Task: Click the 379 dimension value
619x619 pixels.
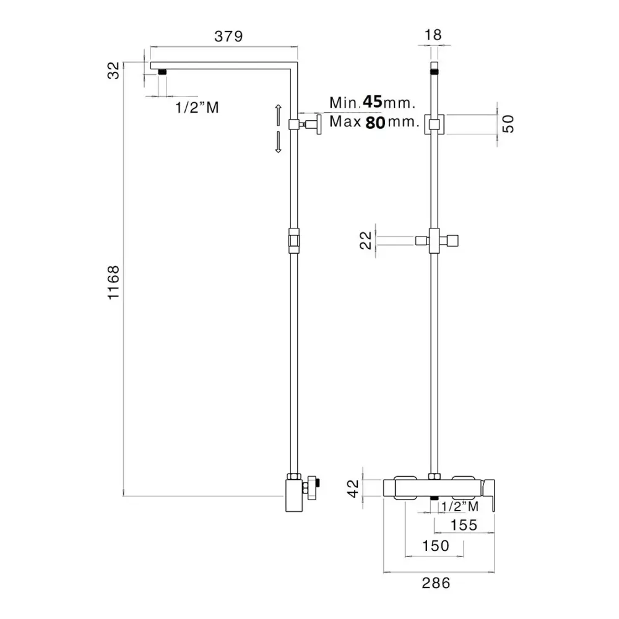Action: [228, 37]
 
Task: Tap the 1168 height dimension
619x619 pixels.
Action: [113, 282]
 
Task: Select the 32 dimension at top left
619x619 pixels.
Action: [113, 71]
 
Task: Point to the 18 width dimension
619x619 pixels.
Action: [433, 35]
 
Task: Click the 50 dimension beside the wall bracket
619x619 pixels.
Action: [508, 124]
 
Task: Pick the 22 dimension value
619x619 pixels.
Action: [366, 240]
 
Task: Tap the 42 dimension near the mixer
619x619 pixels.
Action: [353, 488]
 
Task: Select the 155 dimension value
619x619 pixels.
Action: [464, 525]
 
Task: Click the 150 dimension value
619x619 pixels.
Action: [436, 545]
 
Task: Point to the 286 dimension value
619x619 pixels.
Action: [436, 583]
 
